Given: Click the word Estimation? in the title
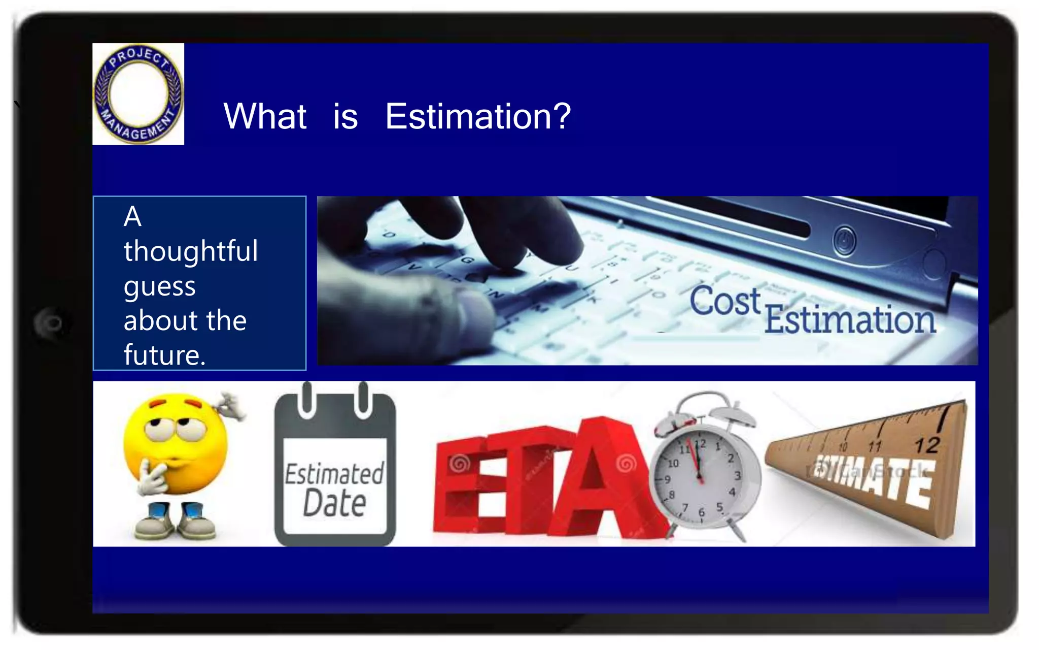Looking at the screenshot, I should click(x=477, y=117).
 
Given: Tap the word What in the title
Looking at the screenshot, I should click(x=265, y=117).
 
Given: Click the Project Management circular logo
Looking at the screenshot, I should click(x=138, y=94).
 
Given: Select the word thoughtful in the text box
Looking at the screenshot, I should click(x=191, y=251).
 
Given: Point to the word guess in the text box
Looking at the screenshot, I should click(x=159, y=287).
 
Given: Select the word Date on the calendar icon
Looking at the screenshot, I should click(x=334, y=503).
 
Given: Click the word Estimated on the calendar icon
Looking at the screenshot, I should click(x=334, y=474).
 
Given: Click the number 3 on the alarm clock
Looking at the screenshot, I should click(x=737, y=475).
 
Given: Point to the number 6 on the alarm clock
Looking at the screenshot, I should click(x=702, y=512).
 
